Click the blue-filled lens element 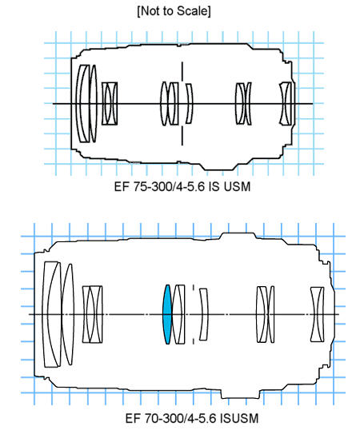pos(167,314)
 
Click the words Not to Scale pos(174,11)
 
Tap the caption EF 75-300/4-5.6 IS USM pos(182,186)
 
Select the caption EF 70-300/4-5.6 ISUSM pos(192,418)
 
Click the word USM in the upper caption pos(237,186)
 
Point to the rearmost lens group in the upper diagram pos(286,104)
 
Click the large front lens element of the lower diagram pos(52,314)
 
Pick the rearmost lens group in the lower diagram pos(317,314)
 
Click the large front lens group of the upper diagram pos(86,104)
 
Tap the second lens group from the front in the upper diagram pos(110,104)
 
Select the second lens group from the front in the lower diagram pos(92,314)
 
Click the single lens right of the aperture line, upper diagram pos(189,104)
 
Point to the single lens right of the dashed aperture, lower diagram pos(204,314)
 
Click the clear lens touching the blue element pos(178,314)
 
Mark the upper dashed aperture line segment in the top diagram pos(182,71)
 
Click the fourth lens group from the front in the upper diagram pos(243,104)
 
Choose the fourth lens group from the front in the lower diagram pos(266,314)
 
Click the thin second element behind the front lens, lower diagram pos(68,314)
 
